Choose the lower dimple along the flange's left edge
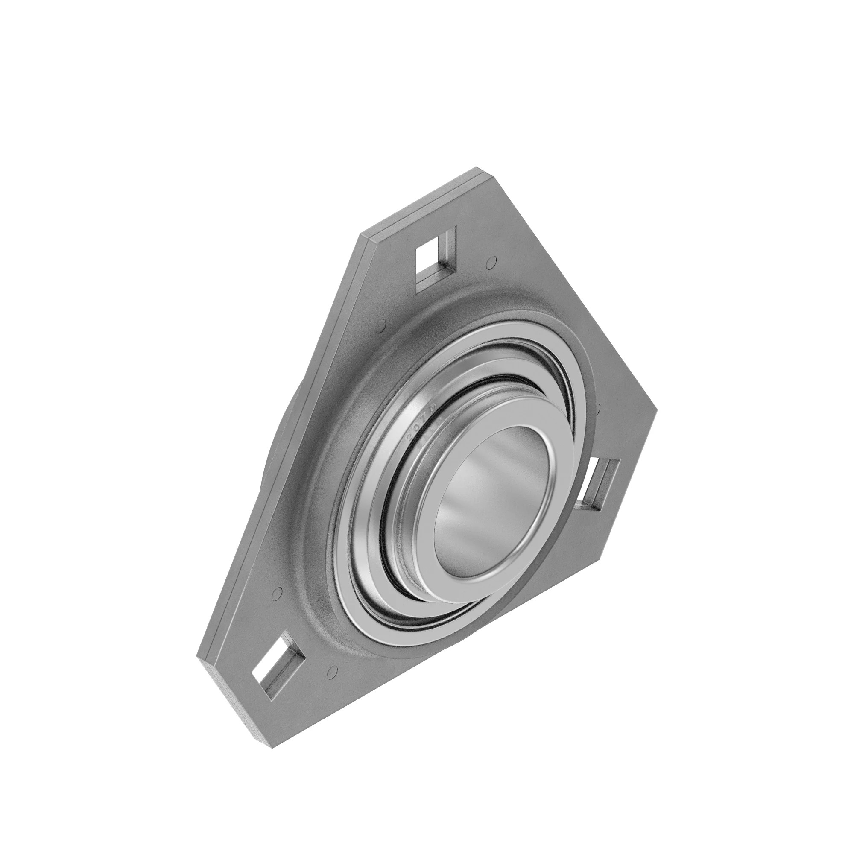click(278, 592)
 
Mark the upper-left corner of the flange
click(366, 236)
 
